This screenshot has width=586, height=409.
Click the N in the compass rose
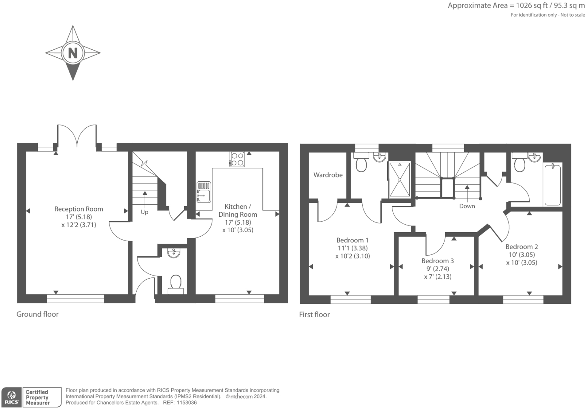(72, 53)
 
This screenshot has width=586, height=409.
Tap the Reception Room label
(78, 209)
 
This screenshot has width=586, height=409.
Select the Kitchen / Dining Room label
(238, 210)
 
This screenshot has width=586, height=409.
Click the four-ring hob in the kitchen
(237, 159)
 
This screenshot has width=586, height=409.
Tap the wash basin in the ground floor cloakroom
(174, 253)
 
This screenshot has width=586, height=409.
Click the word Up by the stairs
(145, 212)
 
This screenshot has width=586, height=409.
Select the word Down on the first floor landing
(467, 206)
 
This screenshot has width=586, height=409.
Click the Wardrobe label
(328, 175)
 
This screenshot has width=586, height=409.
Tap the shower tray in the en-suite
(400, 179)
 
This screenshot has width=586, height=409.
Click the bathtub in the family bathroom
(552, 185)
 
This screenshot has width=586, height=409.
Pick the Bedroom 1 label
(352, 240)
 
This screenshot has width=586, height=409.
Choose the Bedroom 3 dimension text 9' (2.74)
(438, 269)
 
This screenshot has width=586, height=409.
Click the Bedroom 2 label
(521, 247)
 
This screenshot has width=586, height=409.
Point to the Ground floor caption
(37, 314)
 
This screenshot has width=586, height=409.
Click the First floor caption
(314, 314)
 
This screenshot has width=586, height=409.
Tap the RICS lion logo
(11, 397)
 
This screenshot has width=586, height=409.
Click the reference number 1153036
(185, 403)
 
